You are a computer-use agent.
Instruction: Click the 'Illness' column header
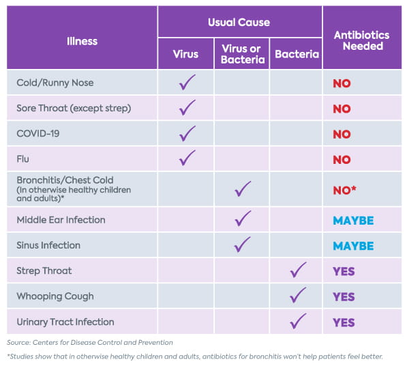tap(82, 41)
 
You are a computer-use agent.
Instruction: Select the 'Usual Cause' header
tap(239, 23)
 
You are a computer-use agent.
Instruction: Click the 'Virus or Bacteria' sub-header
tap(241, 53)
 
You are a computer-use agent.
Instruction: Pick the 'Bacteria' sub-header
tap(297, 54)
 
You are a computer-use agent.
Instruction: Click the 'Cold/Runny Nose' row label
tap(55, 83)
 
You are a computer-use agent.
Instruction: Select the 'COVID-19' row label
tap(38, 133)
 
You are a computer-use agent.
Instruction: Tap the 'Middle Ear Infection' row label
tap(61, 220)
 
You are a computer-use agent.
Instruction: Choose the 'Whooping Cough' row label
tap(55, 296)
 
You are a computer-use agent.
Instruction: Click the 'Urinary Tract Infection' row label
tap(65, 322)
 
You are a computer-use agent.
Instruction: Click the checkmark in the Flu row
tap(187, 158)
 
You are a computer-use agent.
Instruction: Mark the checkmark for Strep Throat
tap(297, 270)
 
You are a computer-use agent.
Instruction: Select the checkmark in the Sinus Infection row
tap(242, 244)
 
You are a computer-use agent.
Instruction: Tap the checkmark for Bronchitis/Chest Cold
tap(242, 188)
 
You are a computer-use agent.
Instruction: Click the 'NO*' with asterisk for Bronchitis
tap(345, 191)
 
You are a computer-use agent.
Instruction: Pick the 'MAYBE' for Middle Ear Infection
tap(353, 221)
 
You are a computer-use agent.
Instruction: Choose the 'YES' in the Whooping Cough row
tap(344, 297)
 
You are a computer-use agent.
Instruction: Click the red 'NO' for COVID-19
tap(342, 135)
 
